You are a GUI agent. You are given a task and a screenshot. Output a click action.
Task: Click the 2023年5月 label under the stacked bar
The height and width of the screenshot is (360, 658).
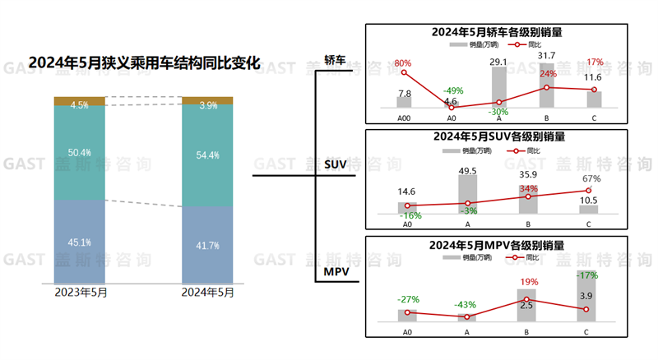click(x=80, y=293)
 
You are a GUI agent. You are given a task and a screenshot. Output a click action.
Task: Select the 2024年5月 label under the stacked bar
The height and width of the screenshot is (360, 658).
click(x=207, y=293)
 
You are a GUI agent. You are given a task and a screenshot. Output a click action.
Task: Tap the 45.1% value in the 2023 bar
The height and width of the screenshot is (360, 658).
click(x=80, y=242)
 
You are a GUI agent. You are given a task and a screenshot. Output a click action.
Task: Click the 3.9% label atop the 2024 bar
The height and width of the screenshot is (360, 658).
click(x=207, y=105)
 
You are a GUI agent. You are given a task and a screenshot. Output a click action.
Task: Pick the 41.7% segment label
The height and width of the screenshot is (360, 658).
click(x=207, y=245)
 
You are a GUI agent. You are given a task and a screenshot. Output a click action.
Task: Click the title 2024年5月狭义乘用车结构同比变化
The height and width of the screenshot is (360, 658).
click(x=144, y=62)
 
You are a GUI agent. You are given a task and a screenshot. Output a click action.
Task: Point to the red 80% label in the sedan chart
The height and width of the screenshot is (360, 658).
click(x=403, y=63)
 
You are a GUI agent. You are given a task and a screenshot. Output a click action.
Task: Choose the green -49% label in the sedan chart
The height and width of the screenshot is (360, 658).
click(x=450, y=90)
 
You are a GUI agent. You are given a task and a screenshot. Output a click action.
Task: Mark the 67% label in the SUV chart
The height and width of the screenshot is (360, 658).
click(x=591, y=178)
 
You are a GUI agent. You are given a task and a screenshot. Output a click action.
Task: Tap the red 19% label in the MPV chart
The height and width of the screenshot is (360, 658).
click(x=528, y=283)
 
